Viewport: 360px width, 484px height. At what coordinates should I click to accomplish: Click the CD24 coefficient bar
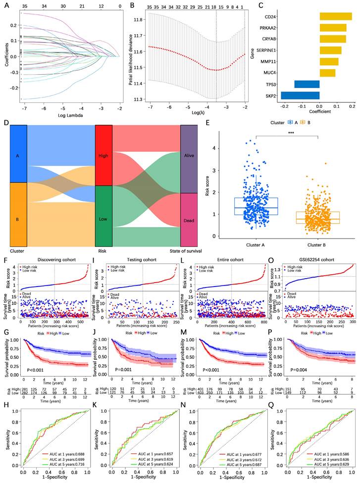pos(336,16)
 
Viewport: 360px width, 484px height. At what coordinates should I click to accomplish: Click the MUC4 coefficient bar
pos(327,73)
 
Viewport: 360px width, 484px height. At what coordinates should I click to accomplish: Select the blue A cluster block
pos(18,154)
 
